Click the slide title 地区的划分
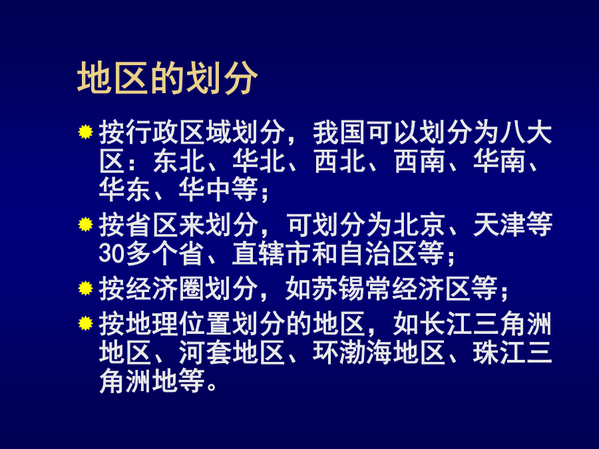pyautogui.click(x=167, y=78)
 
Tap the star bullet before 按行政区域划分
pyautogui.click(x=86, y=132)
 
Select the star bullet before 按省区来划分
pyautogui.click(x=86, y=224)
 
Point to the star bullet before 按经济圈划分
pyautogui.click(x=86, y=288)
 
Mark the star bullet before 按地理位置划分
pyautogui.click(x=86, y=323)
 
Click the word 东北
pyautogui.click(x=179, y=161)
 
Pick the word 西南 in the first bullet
pyautogui.click(x=419, y=161)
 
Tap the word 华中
pyautogui.click(x=206, y=189)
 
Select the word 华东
pyautogui.click(x=125, y=189)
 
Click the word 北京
pyautogui.click(x=419, y=225)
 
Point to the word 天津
pyautogui.click(x=500, y=225)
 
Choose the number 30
pyautogui.click(x=112, y=253)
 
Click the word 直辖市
pyautogui.click(x=272, y=253)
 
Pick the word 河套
pyautogui.click(x=206, y=352)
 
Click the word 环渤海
pyautogui.click(x=352, y=352)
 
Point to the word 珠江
pyautogui.click(x=500, y=352)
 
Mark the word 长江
pyautogui.click(x=446, y=324)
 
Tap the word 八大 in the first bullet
pyautogui.click(x=526, y=132)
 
